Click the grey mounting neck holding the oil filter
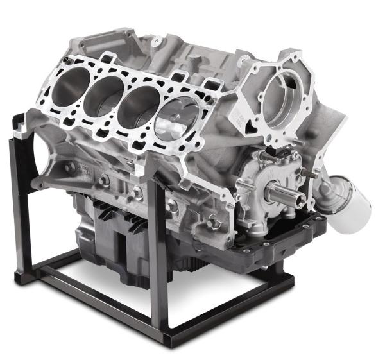(x=325, y=190)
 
